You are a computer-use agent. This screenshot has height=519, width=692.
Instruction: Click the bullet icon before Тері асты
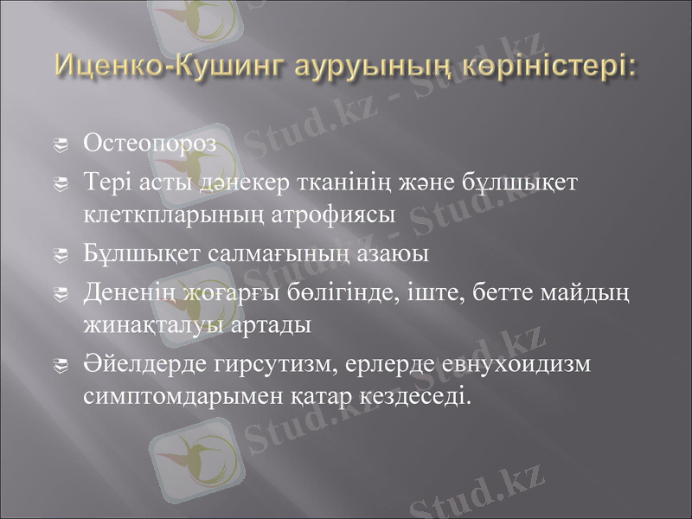61,184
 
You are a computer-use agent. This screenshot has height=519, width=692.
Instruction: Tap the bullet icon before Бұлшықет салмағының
61,256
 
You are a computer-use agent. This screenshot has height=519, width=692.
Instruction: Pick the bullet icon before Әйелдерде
61,367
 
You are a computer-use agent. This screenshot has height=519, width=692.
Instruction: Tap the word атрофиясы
341,215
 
